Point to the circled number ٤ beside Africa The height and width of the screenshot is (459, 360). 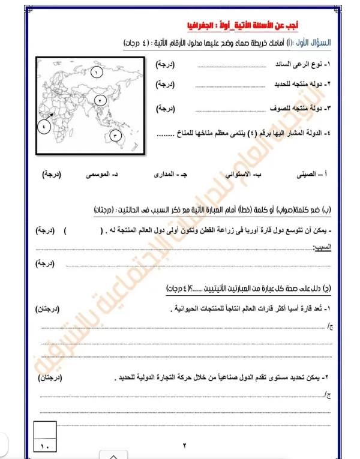pos(44,125)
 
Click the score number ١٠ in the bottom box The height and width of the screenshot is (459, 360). pos(47,446)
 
